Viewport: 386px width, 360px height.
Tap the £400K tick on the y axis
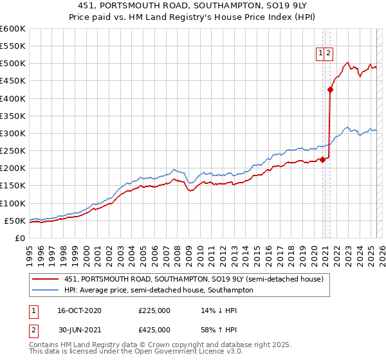(14, 98)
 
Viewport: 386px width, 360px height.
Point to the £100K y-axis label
(14, 203)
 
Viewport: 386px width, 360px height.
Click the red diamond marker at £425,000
(330, 90)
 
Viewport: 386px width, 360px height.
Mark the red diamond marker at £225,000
(322, 159)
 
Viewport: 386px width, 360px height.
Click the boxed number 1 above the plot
(320, 54)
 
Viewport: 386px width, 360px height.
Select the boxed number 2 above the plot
(328, 54)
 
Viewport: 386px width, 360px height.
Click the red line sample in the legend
(46, 278)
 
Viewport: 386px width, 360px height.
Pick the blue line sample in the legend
(46, 290)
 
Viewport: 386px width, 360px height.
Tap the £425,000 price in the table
(154, 332)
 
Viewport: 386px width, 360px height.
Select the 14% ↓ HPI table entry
(220, 310)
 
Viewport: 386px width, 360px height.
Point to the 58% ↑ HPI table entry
(220, 332)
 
